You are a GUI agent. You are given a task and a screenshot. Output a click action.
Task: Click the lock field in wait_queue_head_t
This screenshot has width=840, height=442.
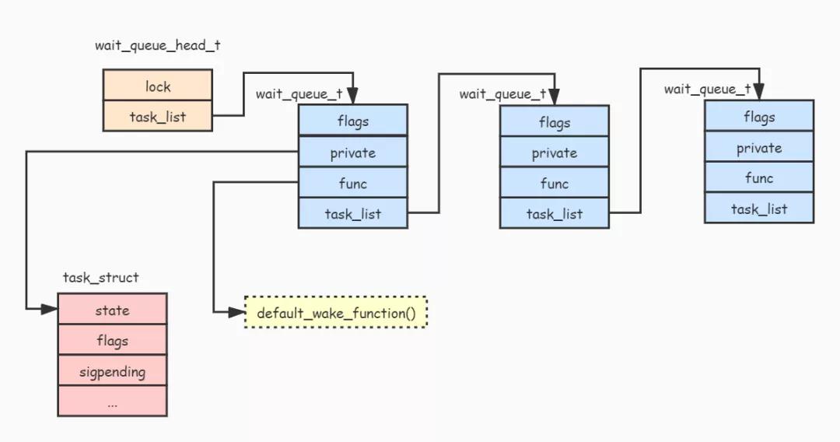(x=157, y=86)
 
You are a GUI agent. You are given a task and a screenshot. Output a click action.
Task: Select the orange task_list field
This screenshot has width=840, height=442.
(x=157, y=117)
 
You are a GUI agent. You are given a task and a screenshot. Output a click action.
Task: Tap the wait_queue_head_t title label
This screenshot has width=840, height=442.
(x=157, y=45)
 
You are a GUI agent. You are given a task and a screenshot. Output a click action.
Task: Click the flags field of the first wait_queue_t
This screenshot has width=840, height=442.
(x=352, y=121)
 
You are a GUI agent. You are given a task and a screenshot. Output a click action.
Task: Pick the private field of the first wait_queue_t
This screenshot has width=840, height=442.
(x=352, y=153)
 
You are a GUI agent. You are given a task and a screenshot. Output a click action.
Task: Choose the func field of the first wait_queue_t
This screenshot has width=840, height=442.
(x=352, y=183)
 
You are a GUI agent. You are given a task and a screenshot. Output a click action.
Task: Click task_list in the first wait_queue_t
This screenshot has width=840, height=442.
(x=352, y=213)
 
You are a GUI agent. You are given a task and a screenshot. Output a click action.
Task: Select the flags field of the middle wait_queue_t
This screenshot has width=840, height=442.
(x=554, y=122)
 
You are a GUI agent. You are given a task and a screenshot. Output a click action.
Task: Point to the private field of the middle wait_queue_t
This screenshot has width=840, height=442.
(x=554, y=153)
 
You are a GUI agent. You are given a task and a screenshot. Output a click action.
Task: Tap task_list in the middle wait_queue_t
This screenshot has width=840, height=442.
(x=554, y=214)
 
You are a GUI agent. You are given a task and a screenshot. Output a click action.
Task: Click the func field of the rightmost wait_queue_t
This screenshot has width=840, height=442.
(x=758, y=177)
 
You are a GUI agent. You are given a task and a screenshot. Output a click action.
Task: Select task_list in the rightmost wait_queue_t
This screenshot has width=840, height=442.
(x=758, y=209)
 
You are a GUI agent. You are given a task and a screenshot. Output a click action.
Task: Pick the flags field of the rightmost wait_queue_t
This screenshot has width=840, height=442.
(x=758, y=117)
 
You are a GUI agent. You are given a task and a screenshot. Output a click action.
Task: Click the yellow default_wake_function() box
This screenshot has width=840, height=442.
(x=336, y=313)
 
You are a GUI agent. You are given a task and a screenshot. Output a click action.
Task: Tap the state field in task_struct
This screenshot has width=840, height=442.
(x=112, y=310)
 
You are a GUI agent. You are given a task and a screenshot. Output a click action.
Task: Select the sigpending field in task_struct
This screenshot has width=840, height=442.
(x=112, y=371)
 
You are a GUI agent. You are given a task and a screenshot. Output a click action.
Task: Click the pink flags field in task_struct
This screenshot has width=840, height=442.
(x=112, y=340)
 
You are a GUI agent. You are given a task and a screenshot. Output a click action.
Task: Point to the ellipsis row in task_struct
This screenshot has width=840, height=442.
(x=112, y=402)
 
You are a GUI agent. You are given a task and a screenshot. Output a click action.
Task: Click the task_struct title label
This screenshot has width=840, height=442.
(x=101, y=278)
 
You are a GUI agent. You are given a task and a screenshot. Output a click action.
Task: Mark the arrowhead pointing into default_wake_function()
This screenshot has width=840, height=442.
(x=237, y=313)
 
